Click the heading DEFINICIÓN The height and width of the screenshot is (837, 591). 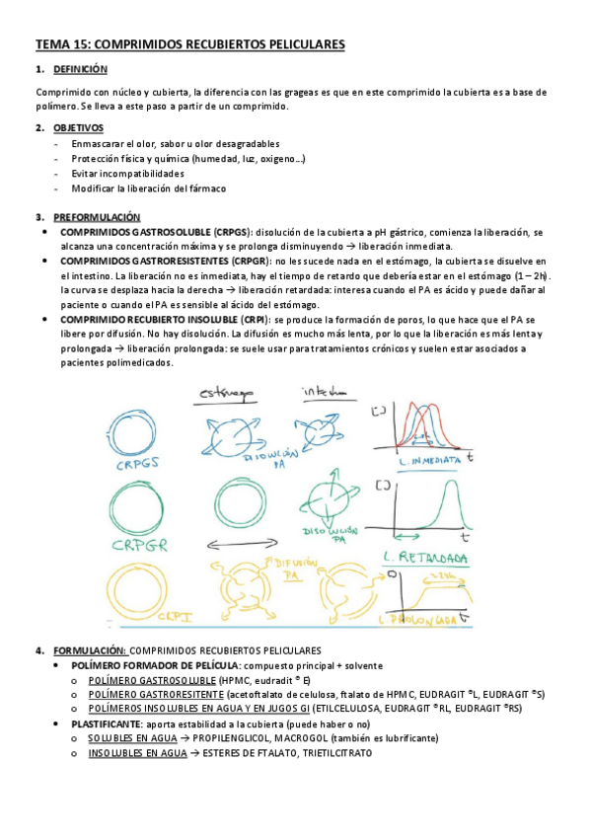[80, 70]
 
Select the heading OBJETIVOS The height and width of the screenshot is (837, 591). [78, 128]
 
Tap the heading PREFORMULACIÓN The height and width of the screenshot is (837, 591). [97, 217]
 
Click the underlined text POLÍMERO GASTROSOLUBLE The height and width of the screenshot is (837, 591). [152, 680]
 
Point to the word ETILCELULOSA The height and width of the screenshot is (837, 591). [352, 709]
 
